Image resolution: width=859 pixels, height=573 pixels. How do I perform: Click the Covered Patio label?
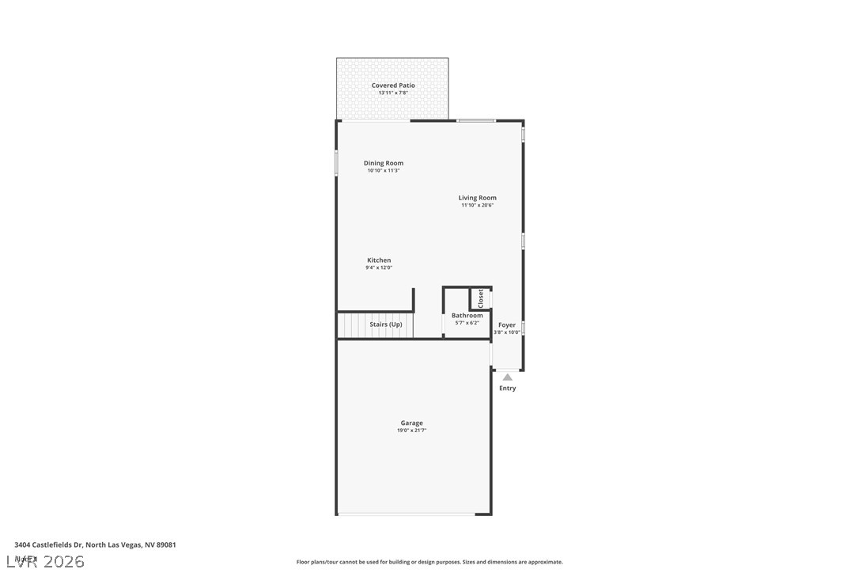click(x=393, y=85)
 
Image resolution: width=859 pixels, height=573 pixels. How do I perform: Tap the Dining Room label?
click(x=384, y=163)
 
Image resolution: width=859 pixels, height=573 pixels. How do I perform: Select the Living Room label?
click(x=478, y=198)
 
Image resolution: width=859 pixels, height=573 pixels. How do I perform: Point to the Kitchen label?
click(x=379, y=260)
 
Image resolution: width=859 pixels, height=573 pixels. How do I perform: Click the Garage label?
click(x=411, y=423)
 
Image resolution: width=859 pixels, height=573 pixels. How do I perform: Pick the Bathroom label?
click(x=467, y=316)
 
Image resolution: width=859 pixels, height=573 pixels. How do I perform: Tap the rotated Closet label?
click(x=480, y=298)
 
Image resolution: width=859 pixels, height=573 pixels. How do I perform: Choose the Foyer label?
click(x=507, y=324)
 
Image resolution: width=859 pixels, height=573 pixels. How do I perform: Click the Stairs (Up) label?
click(x=386, y=324)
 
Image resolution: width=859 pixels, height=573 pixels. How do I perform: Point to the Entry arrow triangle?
click(x=507, y=378)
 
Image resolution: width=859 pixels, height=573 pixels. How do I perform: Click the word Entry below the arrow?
click(x=508, y=389)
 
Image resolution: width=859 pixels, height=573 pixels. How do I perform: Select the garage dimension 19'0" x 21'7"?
click(x=411, y=431)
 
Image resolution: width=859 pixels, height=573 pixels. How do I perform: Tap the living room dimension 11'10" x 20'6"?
click(x=478, y=205)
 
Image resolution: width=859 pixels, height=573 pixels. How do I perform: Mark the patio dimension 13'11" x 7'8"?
click(x=393, y=93)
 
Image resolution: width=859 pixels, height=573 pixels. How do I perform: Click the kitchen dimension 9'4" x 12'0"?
click(x=379, y=268)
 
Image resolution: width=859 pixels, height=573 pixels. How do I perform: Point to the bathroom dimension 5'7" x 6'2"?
click(x=467, y=323)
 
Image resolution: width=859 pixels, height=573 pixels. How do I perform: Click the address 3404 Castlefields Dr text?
click(x=95, y=545)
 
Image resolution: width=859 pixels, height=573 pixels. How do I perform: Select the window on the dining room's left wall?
click(x=336, y=163)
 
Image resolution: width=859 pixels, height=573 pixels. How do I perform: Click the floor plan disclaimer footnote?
click(x=429, y=562)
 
